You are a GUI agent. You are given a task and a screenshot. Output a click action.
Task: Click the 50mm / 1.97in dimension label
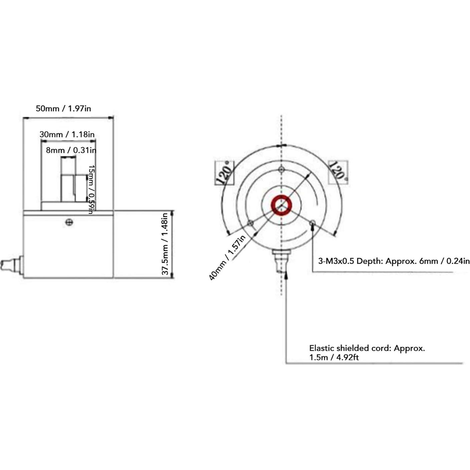click(x=63, y=108)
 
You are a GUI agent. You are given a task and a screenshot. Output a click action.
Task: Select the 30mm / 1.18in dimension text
click(x=67, y=135)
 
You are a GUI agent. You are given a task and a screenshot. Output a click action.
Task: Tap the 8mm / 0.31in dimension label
click(x=71, y=150)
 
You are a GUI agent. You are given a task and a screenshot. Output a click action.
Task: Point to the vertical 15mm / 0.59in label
click(x=91, y=189)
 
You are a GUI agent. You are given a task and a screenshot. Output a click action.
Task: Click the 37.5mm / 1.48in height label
click(x=165, y=244)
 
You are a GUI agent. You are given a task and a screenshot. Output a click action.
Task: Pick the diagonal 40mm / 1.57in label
click(x=227, y=257)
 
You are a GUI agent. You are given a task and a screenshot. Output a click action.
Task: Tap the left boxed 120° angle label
click(x=224, y=173)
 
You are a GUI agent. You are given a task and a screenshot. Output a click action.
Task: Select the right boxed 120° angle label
click(x=338, y=172)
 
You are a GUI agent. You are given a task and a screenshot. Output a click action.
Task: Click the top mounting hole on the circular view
click(x=281, y=170)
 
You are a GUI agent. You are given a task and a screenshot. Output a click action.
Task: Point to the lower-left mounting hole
click(x=250, y=223)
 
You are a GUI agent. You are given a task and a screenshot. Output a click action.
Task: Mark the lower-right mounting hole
click(x=312, y=223)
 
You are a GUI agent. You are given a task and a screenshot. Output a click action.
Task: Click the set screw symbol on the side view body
click(x=69, y=222)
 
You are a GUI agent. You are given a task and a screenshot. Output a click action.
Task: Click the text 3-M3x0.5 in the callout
click(x=336, y=261)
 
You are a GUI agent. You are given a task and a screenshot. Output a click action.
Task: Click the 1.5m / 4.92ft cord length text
click(x=334, y=358)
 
